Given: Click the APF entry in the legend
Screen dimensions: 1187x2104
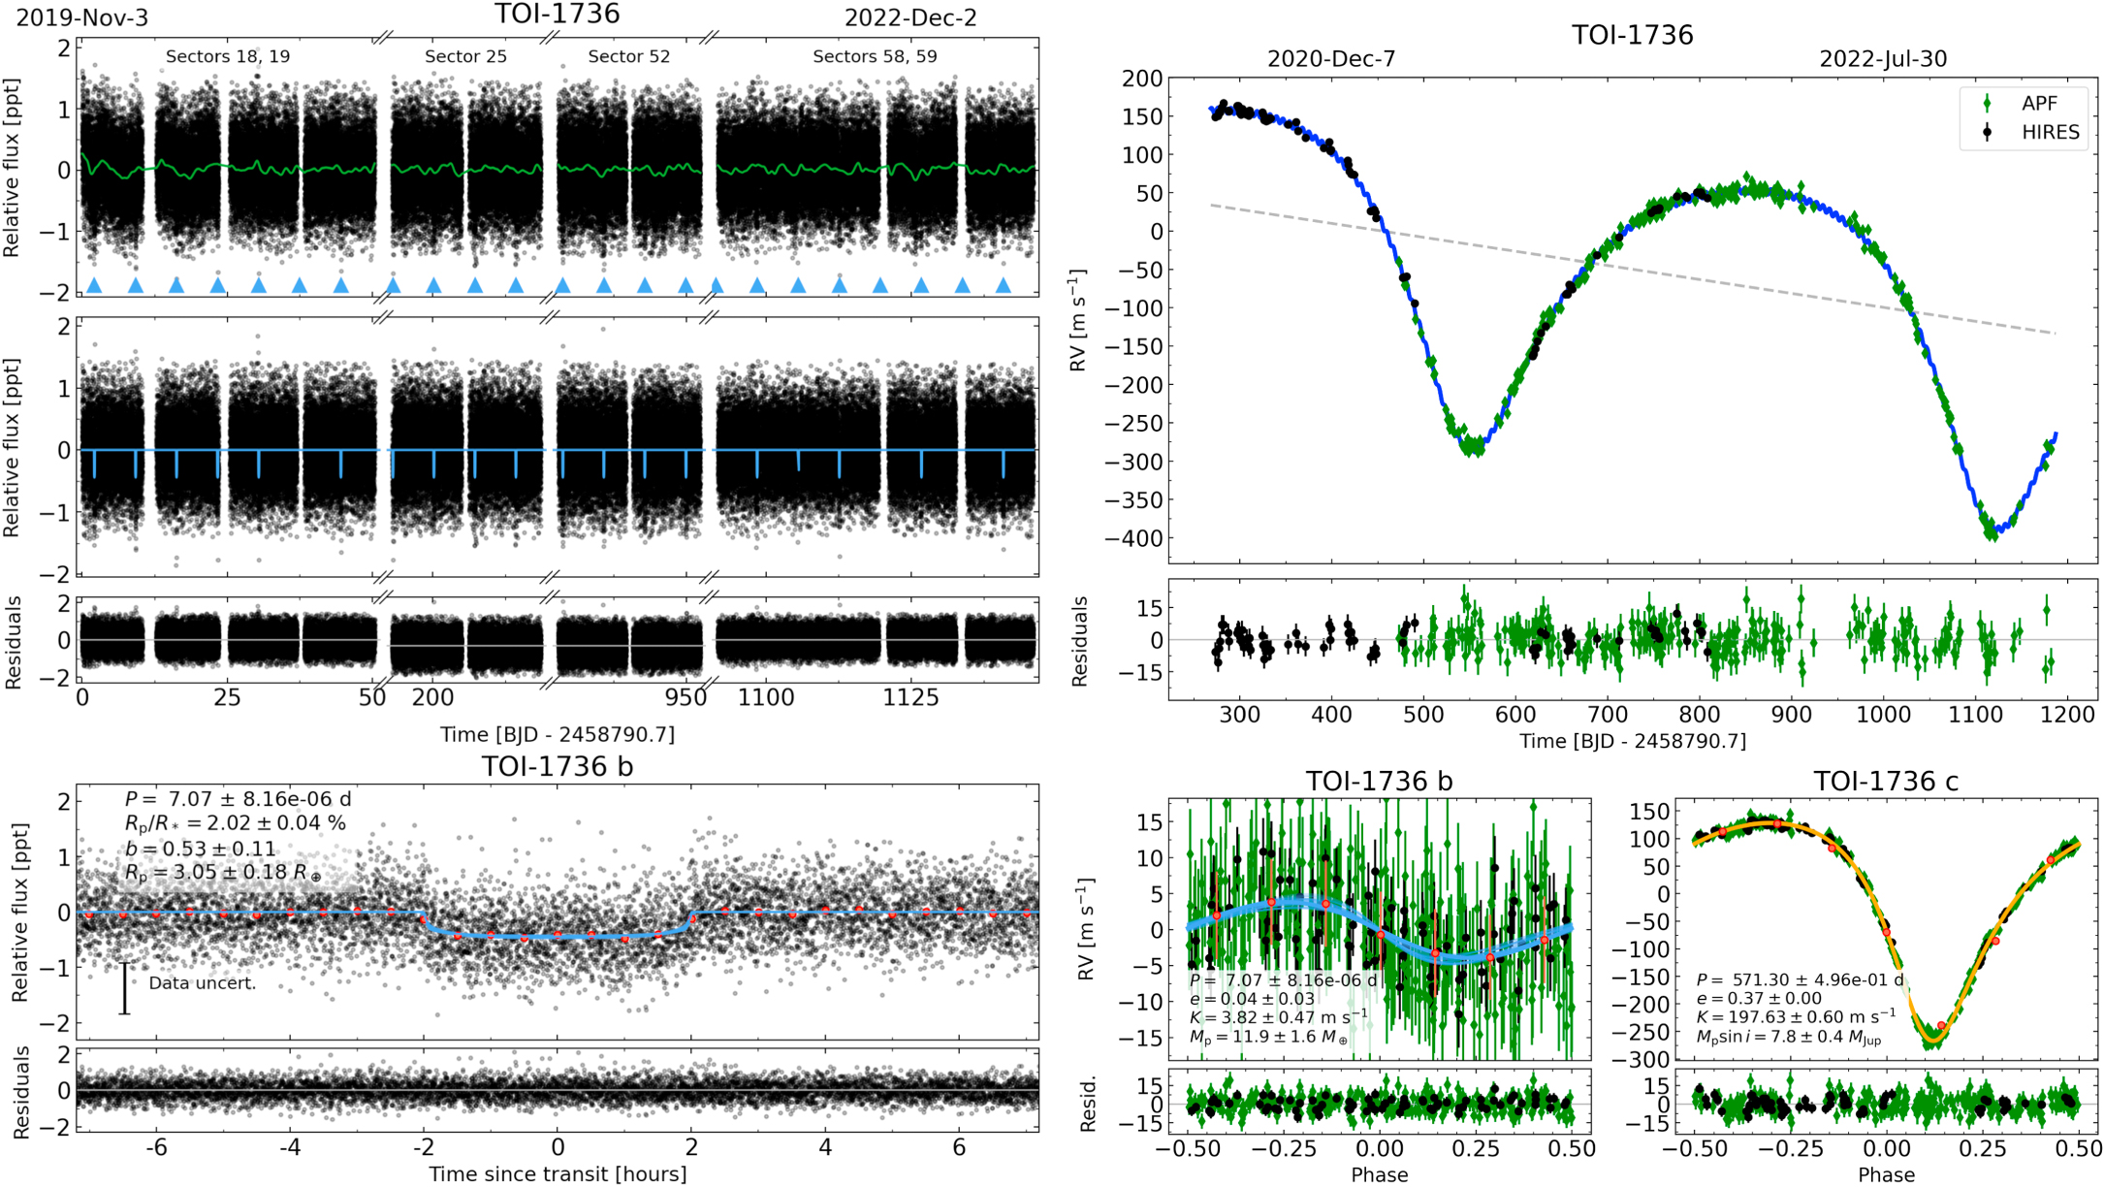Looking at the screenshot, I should [2038, 104].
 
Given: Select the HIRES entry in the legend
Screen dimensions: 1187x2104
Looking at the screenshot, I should [2049, 133].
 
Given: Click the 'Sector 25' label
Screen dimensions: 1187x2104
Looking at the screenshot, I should [465, 56].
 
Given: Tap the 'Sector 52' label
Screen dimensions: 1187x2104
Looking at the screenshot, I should [628, 56].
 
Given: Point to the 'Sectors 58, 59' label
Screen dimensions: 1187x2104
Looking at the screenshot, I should [875, 56].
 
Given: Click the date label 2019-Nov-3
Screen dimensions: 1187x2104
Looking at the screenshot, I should [82, 17].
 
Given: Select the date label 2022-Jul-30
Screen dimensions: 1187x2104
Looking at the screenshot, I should [1882, 59].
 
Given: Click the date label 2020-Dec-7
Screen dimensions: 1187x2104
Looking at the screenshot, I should [1331, 59].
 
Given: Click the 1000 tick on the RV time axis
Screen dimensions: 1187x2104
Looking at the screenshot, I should [1884, 715].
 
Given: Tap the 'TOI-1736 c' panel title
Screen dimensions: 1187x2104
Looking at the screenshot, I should [1886, 781].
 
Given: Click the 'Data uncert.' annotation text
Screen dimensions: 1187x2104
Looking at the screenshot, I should [202, 983].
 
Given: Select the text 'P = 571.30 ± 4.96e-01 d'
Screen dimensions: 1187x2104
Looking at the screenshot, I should [1800, 979].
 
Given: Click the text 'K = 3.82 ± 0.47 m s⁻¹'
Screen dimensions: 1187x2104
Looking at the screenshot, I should [1278, 1017].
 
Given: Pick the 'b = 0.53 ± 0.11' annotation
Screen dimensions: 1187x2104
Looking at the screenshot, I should [200, 849].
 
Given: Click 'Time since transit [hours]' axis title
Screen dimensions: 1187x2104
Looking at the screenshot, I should [558, 1174].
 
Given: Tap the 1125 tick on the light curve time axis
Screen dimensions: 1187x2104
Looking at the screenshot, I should [910, 697].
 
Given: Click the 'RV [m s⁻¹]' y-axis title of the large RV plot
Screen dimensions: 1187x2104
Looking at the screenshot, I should [1079, 320].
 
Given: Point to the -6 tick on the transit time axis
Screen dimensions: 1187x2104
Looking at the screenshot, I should [155, 1147].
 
